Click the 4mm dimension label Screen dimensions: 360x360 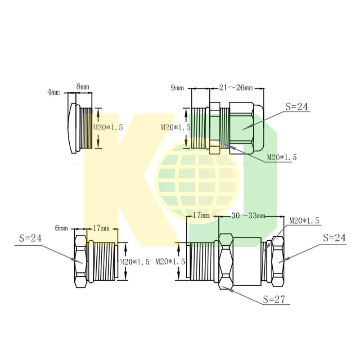point(54,92)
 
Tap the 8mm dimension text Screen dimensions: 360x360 point(83,86)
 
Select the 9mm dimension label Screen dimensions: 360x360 point(177,88)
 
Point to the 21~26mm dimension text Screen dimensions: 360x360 point(236,87)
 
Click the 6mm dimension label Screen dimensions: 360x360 point(62,228)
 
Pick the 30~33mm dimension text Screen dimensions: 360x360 point(248,216)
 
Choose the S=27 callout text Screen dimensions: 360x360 point(274,299)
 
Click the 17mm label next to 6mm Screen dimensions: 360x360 point(101,228)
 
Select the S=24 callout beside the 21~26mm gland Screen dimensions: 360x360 point(297,107)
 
